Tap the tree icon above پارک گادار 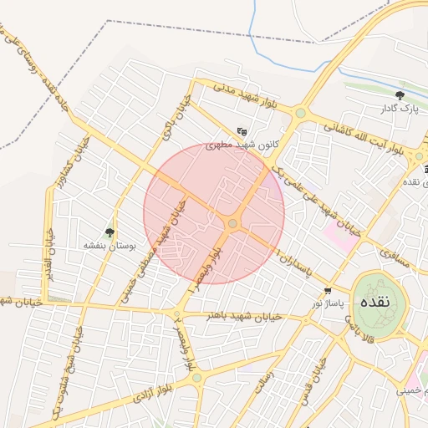[400, 95]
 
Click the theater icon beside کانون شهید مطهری [242, 130]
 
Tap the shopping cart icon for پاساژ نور [328, 291]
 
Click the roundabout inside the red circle [232, 223]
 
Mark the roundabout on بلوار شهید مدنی [300, 112]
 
